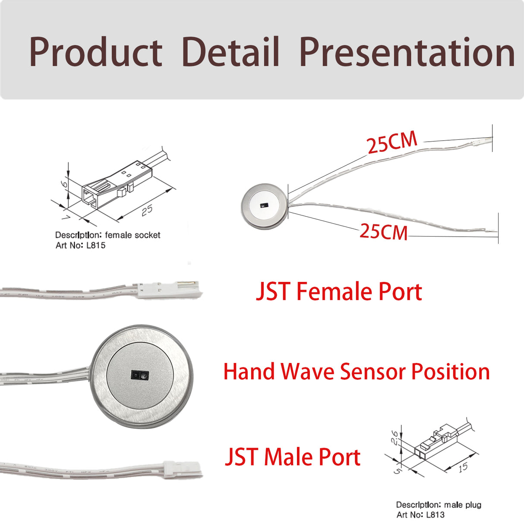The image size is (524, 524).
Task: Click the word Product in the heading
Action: pos(95,53)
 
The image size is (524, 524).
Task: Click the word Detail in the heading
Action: pos(231,52)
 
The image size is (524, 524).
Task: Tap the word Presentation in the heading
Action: pos(407,53)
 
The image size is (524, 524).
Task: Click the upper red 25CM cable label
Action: pos(392,142)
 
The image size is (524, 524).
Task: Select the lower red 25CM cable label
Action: pos(383,232)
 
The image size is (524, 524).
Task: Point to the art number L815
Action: pos(95,246)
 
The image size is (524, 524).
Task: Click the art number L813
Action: pos(435,515)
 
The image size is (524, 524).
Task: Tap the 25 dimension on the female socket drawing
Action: pos(147,210)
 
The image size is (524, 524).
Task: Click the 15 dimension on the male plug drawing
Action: pos(463,467)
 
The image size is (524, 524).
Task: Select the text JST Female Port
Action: pos(339,291)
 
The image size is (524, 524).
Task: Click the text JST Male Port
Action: pos(293,457)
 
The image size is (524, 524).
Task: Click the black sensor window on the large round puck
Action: pos(139,376)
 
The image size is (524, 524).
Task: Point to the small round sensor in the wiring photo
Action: pos(263,205)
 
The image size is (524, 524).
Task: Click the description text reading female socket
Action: pos(133,235)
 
